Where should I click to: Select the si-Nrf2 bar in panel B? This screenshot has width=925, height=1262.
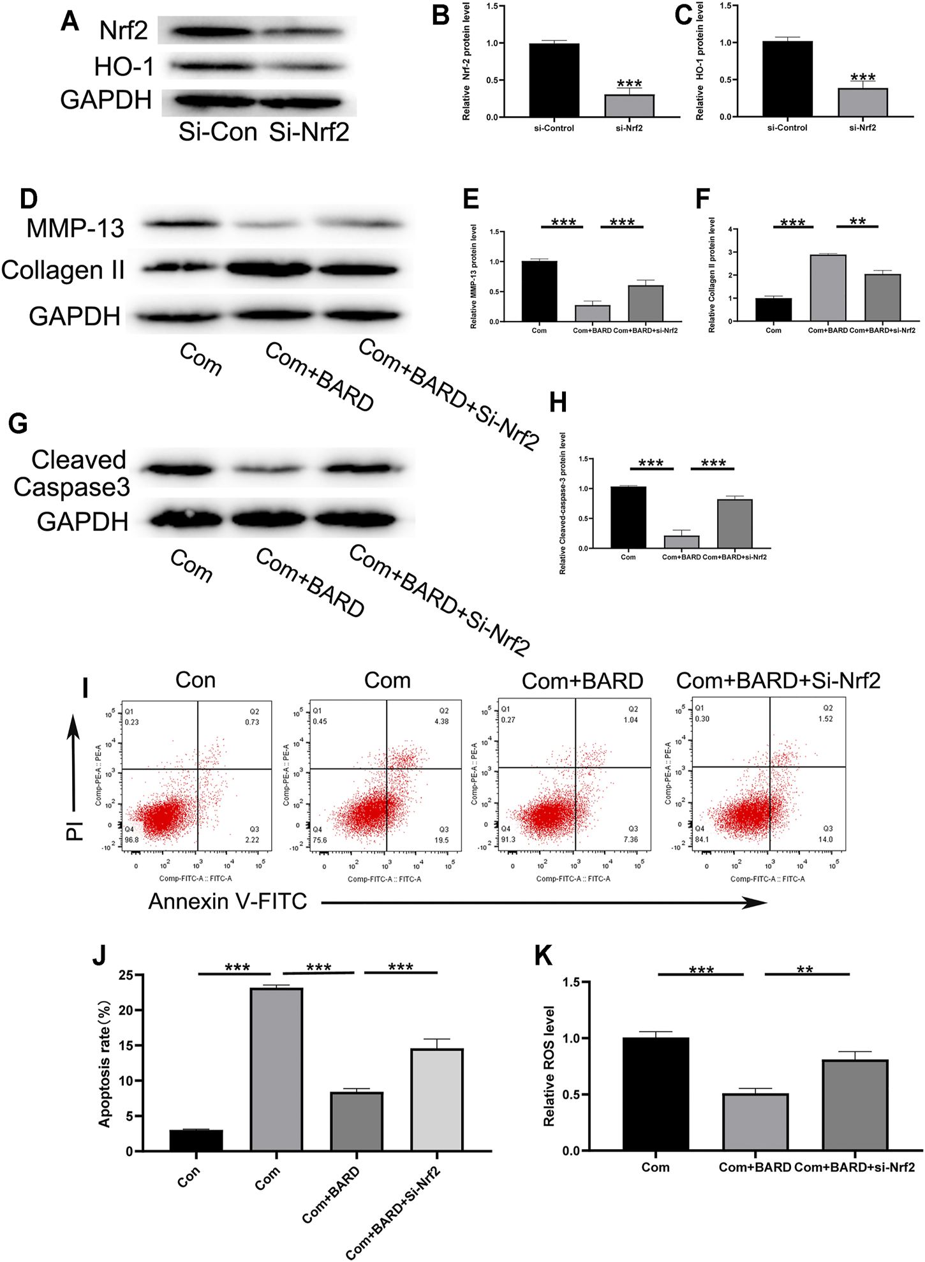(629, 106)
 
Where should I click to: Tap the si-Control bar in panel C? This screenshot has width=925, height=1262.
(787, 79)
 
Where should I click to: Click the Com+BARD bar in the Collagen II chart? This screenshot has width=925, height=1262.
(827, 288)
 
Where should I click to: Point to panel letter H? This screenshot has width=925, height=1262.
(558, 403)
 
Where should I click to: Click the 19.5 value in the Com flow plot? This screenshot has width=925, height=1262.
(441, 840)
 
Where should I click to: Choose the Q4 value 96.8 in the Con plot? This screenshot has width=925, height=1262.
(132, 840)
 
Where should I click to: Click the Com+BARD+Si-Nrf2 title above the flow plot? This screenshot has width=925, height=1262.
(778, 681)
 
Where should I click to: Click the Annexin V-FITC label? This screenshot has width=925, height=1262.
(228, 902)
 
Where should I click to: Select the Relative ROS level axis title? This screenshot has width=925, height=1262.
(549, 1065)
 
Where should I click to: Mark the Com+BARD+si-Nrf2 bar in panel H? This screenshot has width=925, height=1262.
(734, 524)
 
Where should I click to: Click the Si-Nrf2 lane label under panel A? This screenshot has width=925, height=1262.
(309, 132)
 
